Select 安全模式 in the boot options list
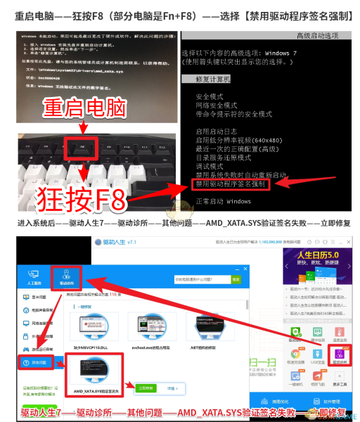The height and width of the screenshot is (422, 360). [211, 96]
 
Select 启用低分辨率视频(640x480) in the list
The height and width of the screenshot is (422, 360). [243, 140]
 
